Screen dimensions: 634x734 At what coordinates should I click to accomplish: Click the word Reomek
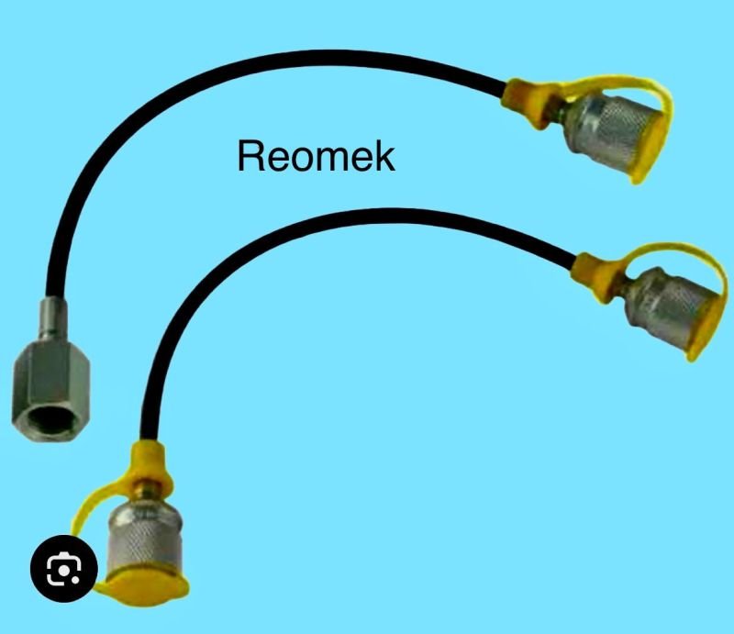click(316, 156)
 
